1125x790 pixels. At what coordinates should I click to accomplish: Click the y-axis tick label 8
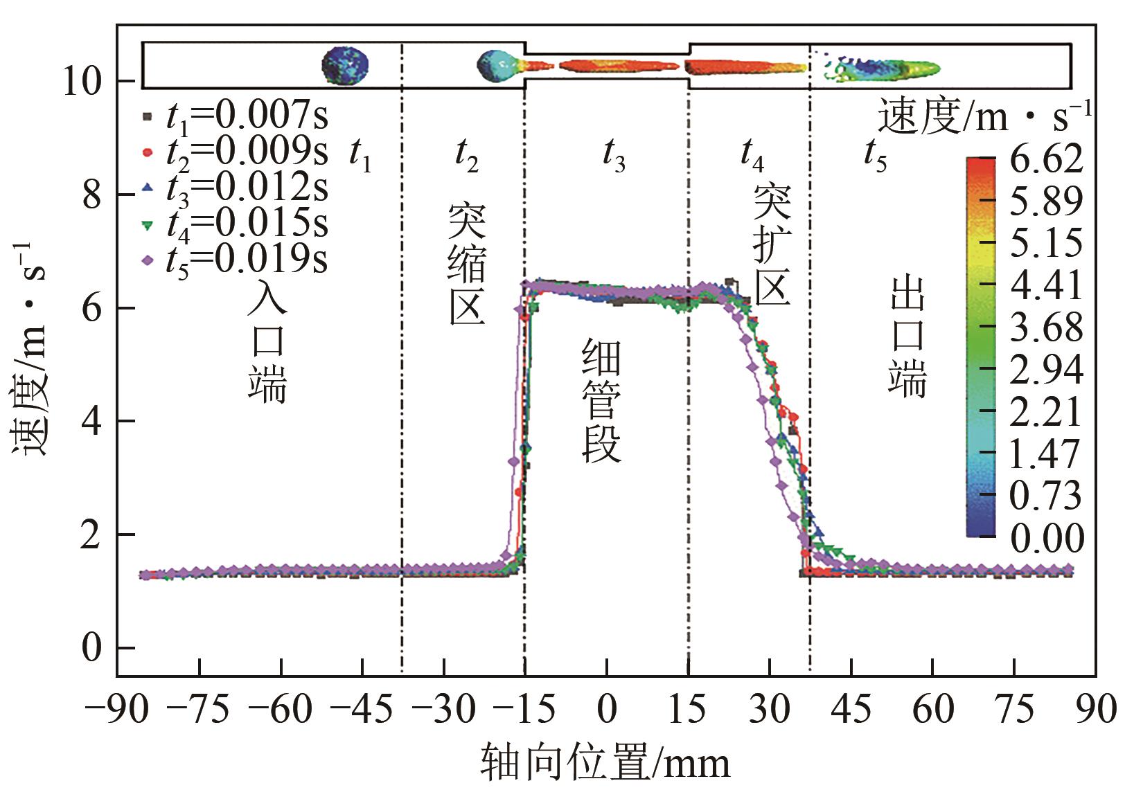92,195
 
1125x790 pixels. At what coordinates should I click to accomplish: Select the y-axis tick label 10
82,82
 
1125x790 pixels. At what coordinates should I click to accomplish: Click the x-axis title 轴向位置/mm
605,763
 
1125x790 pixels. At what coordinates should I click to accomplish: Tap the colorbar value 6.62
1045,160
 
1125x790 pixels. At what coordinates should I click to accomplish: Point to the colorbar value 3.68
1046,327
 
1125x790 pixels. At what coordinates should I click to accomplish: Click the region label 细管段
601,400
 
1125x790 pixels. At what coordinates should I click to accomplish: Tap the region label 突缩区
466,264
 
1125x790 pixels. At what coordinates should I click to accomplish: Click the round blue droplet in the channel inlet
345,66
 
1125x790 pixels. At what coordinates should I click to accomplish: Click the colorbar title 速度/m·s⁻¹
984,116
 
